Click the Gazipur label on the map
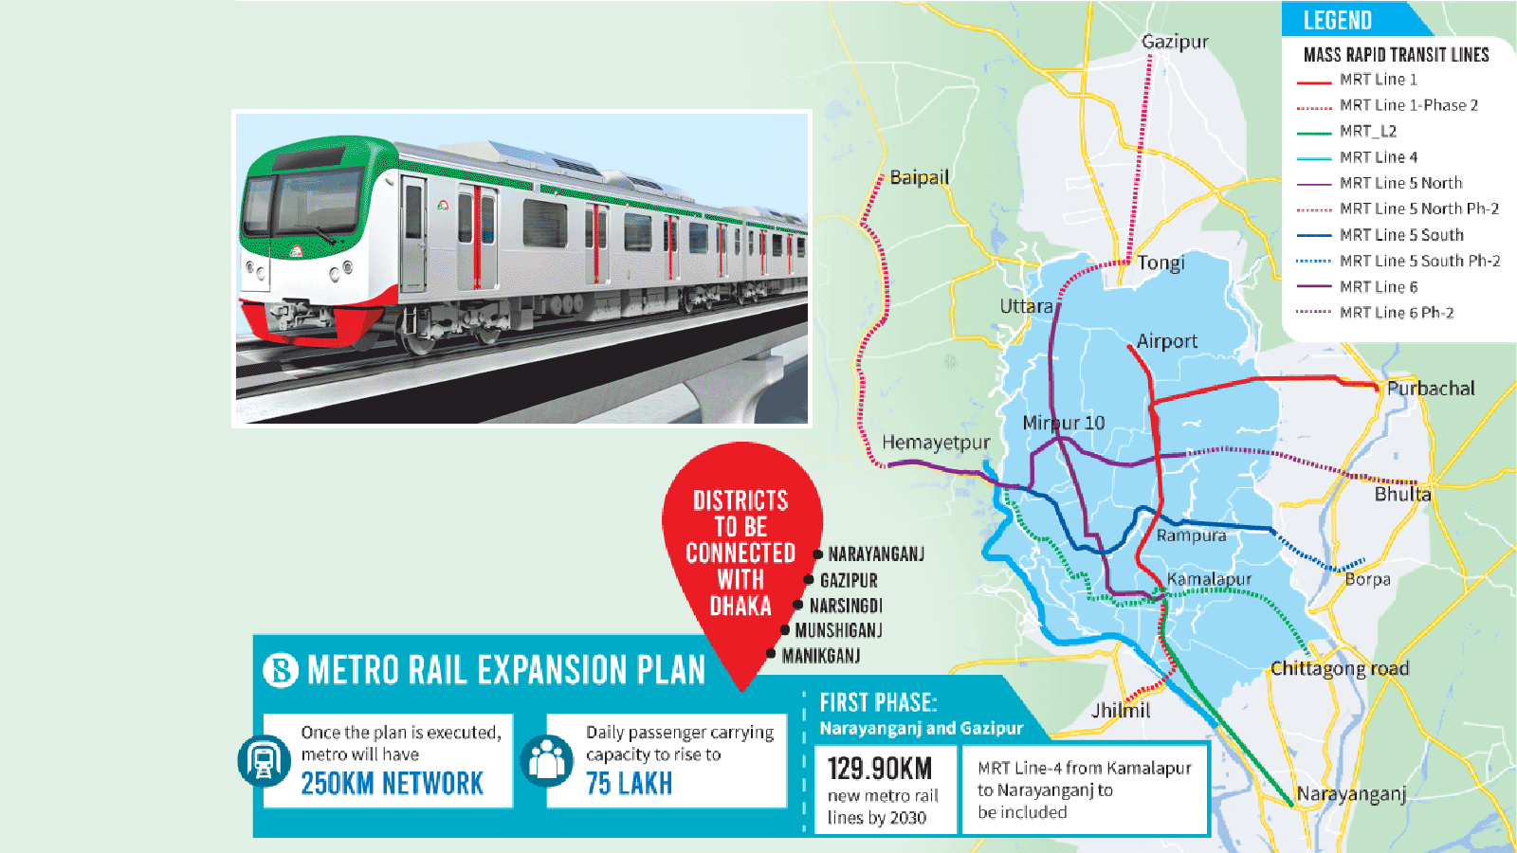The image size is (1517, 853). (1175, 42)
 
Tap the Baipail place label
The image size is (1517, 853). (919, 177)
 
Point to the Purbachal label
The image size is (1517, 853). (1431, 389)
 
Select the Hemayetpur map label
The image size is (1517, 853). (936, 443)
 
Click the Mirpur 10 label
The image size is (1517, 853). (1063, 423)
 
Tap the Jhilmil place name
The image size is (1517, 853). (1121, 711)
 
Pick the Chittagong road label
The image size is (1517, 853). (1339, 669)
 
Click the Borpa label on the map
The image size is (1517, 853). (1367, 579)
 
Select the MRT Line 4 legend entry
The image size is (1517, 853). (1378, 157)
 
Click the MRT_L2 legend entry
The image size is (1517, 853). (1367, 132)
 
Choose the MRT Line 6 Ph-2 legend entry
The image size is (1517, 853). (1396, 313)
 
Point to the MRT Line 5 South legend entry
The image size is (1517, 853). (1400, 235)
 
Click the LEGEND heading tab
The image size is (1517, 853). (1338, 20)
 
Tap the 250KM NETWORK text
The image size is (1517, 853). (392, 784)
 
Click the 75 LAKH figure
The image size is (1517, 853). (629, 784)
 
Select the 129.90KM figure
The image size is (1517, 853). (879, 769)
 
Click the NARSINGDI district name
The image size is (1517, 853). (846, 606)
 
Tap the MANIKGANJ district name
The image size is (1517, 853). (821, 656)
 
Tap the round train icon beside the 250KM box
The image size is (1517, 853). (264, 760)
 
